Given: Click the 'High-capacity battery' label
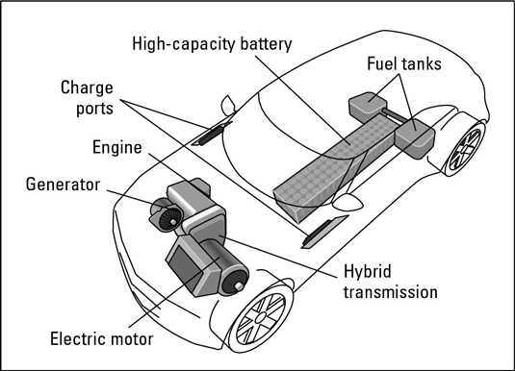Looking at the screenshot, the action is [212, 44].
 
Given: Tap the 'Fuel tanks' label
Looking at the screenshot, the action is [404, 63].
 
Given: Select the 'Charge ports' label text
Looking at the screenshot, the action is [87, 98].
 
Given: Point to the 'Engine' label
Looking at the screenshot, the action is [117, 148].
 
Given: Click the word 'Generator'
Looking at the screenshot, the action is [63, 185].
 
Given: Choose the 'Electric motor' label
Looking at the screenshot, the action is [102, 339].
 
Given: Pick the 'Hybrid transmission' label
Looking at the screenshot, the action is [391, 282].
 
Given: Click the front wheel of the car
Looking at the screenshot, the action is [261, 317].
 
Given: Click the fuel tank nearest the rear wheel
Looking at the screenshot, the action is [415, 138].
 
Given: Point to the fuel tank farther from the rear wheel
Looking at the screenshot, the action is [367, 106].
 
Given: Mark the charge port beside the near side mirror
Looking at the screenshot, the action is [324, 232].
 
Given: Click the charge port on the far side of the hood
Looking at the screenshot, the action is [213, 134].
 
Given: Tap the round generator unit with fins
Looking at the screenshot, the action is [167, 215].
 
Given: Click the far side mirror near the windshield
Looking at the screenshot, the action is [228, 105].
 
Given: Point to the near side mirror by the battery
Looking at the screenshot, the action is [348, 202].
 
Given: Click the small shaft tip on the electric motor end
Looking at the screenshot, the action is [239, 286].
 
